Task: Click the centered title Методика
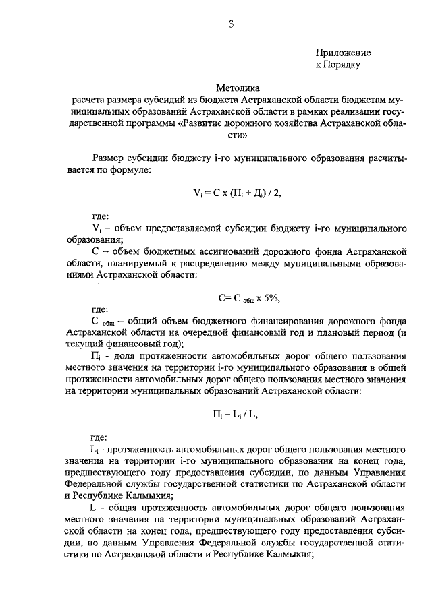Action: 238,88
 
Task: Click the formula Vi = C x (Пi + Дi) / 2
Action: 236,193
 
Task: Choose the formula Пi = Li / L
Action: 232,414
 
